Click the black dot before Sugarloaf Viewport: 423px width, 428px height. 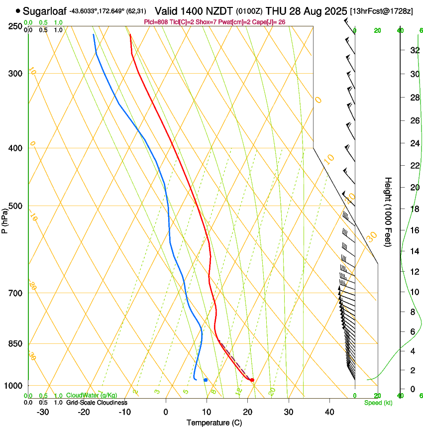pos(18,10)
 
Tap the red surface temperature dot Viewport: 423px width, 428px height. pos(252,380)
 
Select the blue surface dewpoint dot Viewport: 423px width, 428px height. pos(206,380)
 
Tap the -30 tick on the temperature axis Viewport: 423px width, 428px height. pos(43,412)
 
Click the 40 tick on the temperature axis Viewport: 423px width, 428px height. pos(329,412)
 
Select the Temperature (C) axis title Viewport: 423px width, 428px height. pos(214,423)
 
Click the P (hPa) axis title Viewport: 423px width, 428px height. pos(4,219)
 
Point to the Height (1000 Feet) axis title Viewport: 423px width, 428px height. pos(388,212)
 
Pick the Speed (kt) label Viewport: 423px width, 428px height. pos(378,403)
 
